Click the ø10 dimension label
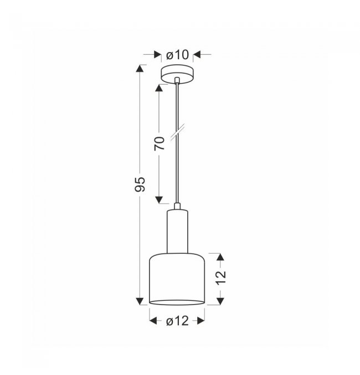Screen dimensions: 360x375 (177, 55)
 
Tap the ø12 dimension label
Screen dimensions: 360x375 (177, 321)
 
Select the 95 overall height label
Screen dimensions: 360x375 (140, 184)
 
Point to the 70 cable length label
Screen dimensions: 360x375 (160, 143)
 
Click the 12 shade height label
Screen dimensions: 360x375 (221, 278)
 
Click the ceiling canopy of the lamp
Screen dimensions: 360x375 (177, 74)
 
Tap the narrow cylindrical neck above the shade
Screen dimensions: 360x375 (177, 232)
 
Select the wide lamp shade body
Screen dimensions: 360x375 (177, 279)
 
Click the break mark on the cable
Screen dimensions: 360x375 (177, 132)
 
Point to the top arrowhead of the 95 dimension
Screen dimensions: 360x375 (140, 68)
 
